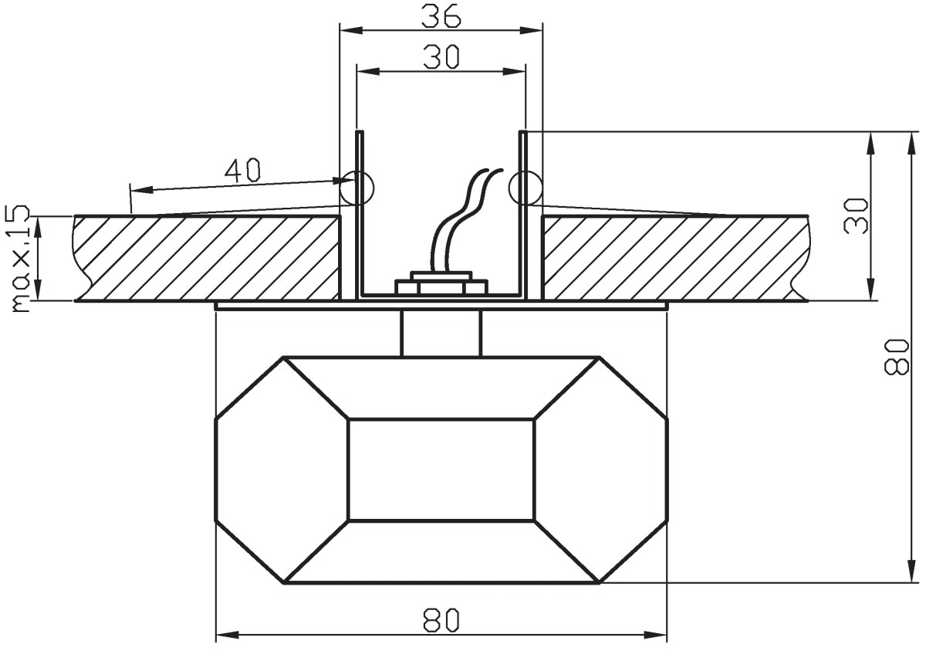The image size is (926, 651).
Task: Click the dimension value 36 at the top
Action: (x=441, y=16)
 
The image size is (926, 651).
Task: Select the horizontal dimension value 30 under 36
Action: (x=441, y=57)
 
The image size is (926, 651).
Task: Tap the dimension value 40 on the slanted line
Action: (x=242, y=170)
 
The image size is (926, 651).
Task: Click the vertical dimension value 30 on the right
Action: (x=855, y=216)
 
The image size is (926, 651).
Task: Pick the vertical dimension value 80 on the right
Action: (x=896, y=358)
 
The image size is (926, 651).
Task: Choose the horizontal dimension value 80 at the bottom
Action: (x=441, y=620)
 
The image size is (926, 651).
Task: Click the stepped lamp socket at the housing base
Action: (x=441, y=283)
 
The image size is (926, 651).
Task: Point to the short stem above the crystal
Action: (x=441, y=334)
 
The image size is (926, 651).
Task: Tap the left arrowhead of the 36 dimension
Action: (x=350, y=30)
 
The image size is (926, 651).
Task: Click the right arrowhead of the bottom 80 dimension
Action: (x=656, y=646)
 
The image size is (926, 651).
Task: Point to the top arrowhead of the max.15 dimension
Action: (x=38, y=228)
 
